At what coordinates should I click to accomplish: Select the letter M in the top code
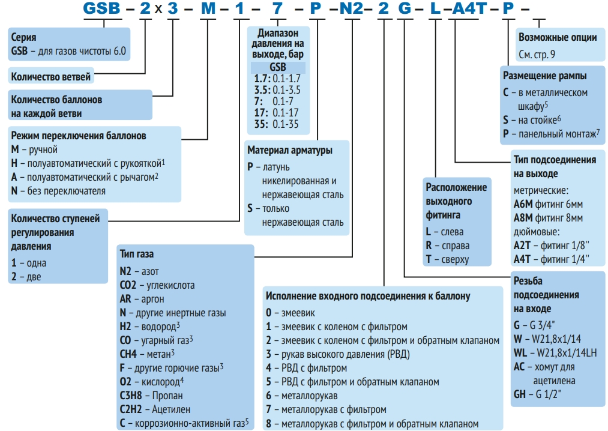[x=207, y=10]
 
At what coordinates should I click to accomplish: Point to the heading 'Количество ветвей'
[x=51, y=76]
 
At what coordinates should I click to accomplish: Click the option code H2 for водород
[x=125, y=326]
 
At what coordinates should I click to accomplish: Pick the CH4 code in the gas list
[x=128, y=354]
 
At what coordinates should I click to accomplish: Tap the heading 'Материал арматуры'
[x=289, y=150]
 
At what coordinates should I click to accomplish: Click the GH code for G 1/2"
[x=520, y=394]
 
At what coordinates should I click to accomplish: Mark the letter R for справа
[x=429, y=246]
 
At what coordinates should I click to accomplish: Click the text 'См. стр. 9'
[x=537, y=53]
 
